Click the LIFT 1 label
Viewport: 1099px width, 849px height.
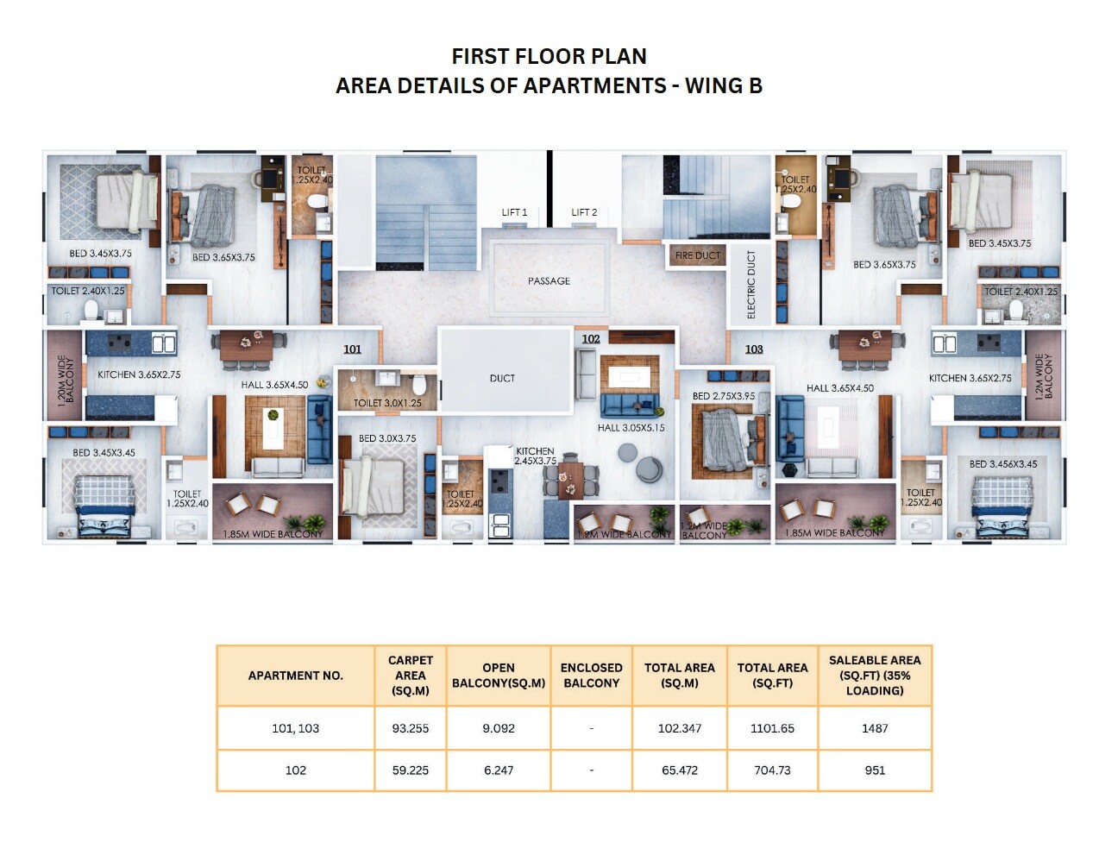[x=514, y=212]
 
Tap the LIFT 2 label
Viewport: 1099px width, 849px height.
[x=584, y=212]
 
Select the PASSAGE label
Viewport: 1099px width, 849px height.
[x=549, y=281]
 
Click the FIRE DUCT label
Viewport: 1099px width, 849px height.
[x=697, y=255]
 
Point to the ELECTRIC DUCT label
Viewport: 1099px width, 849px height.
[x=751, y=285]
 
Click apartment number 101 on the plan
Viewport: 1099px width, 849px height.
[x=352, y=349]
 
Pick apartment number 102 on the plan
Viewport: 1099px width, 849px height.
[x=591, y=339]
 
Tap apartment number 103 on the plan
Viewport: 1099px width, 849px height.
[x=754, y=349]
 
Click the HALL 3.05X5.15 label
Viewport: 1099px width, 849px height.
[x=631, y=428]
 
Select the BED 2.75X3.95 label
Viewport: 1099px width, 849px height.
[x=723, y=396]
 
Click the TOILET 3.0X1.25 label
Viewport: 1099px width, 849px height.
[x=387, y=403]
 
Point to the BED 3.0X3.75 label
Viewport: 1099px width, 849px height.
[x=387, y=438]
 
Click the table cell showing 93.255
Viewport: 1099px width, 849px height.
[x=411, y=728]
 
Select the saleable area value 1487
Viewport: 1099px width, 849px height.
[x=875, y=728]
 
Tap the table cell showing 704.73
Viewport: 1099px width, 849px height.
[x=772, y=770]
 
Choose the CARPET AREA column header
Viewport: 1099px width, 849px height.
[x=411, y=676]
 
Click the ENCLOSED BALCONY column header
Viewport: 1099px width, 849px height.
[x=591, y=676]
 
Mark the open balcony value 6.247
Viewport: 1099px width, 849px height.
[x=499, y=770]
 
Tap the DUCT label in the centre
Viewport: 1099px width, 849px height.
[x=502, y=379]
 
